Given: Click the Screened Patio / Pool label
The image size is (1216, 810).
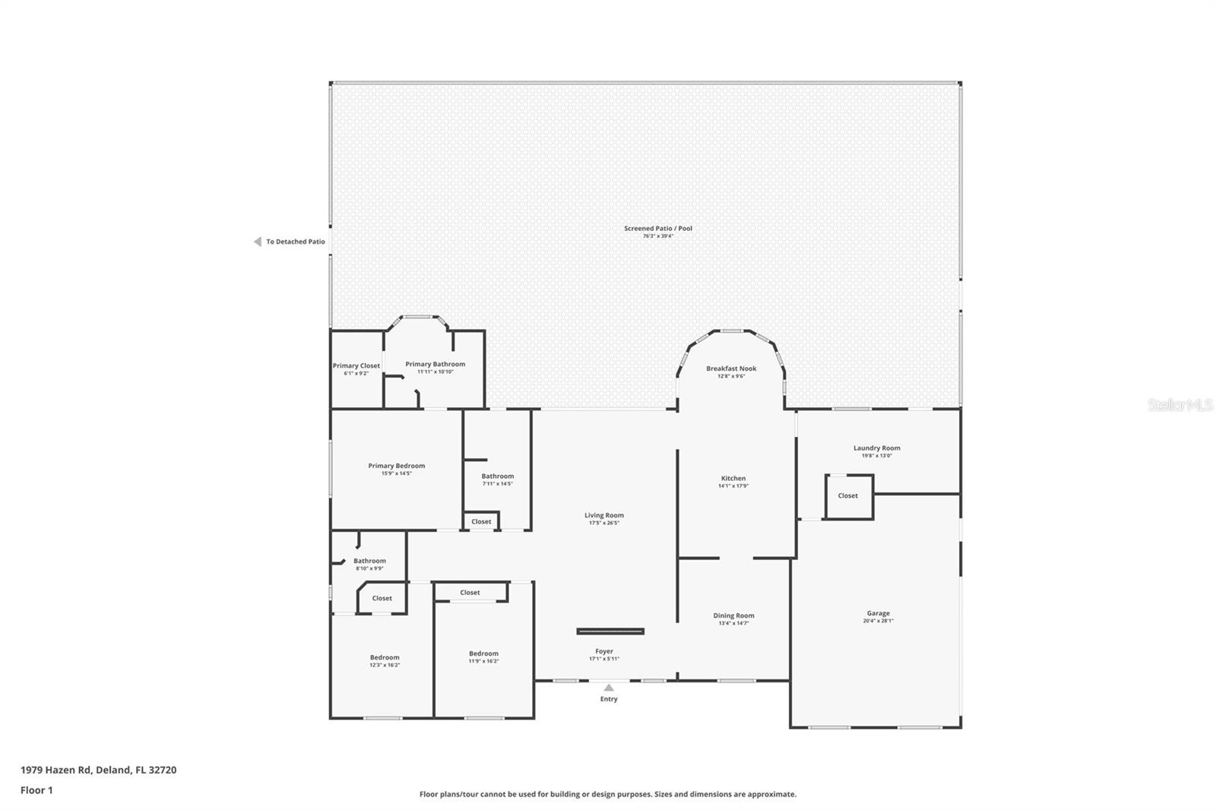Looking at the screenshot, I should tap(658, 228).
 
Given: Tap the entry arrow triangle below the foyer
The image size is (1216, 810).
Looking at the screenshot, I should tap(609, 688).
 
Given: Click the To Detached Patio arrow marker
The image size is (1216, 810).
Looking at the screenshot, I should tap(258, 242).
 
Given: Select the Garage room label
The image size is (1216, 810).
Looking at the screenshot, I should tap(878, 613).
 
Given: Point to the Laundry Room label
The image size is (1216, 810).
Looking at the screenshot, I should tap(876, 448).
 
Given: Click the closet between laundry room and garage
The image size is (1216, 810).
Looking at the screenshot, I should tap(848, 496).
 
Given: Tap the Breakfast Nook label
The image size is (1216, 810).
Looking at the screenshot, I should tap(731, 369).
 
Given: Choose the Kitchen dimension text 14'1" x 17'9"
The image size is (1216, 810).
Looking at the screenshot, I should tap(733, 486).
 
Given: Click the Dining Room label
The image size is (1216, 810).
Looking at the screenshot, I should tap(733, 615).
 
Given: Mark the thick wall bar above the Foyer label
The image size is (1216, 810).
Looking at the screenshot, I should tap(610, 631).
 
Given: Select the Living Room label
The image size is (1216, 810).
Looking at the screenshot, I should tap(604, 515).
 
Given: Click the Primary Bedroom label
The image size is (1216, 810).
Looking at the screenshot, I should tap(397, 466).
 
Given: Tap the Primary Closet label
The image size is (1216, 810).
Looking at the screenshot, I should tap(356, 365).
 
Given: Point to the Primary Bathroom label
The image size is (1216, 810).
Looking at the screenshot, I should tap(435, 364).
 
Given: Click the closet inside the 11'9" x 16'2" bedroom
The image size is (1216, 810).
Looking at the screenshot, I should tap(470, 593).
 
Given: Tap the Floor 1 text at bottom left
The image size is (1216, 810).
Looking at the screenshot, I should tap(36, 790).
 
